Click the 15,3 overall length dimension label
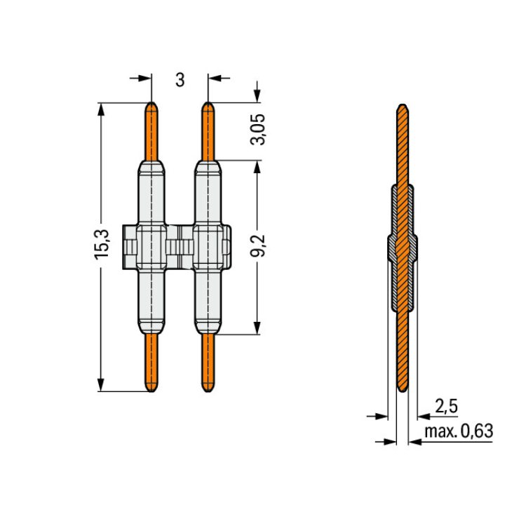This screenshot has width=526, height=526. pos(102,244)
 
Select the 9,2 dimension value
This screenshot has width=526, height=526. pos(258,245)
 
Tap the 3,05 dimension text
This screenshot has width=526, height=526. pos(258,129)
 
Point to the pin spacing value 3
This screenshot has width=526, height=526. pos(180,80)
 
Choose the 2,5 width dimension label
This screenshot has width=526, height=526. pos(446,406)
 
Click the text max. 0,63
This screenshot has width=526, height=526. pos(459,431)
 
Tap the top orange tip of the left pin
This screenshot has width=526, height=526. pos(151,102)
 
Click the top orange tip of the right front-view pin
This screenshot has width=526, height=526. pos(208,102)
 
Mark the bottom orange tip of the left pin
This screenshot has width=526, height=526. pos(151,391)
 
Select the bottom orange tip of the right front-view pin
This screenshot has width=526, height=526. pos(208,391)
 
